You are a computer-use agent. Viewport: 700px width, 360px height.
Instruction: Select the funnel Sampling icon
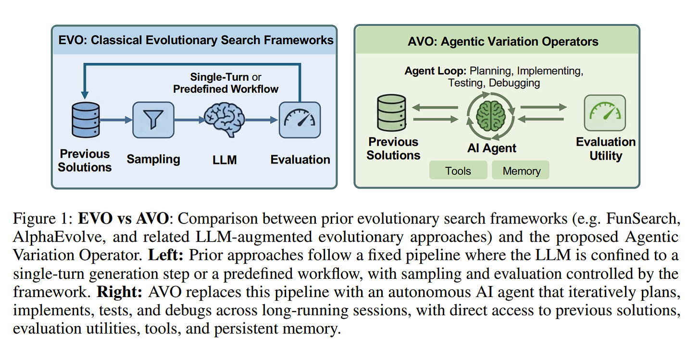[153, 120]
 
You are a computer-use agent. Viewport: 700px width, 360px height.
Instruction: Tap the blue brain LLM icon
[224, 120]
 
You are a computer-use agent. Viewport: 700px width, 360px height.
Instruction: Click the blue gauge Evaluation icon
[300, 120]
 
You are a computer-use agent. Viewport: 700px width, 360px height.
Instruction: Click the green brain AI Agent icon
[491, 115]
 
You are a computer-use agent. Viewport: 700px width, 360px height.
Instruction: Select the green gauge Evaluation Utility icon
[605, 113]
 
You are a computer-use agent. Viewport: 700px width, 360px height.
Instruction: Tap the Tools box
[458, 171]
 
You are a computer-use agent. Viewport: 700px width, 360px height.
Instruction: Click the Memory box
[521, 171]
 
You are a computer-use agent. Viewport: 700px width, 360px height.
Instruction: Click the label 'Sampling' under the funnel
[153, 159]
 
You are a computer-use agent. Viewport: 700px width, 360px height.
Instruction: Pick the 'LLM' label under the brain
[224, 159]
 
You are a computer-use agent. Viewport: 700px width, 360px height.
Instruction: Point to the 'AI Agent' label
[491, 148]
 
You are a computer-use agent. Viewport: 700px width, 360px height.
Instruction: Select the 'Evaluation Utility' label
[605, 149]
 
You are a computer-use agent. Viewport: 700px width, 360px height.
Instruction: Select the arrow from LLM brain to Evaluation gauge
[262, 120]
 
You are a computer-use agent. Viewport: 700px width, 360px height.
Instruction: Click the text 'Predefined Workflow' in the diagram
[225, 89]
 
